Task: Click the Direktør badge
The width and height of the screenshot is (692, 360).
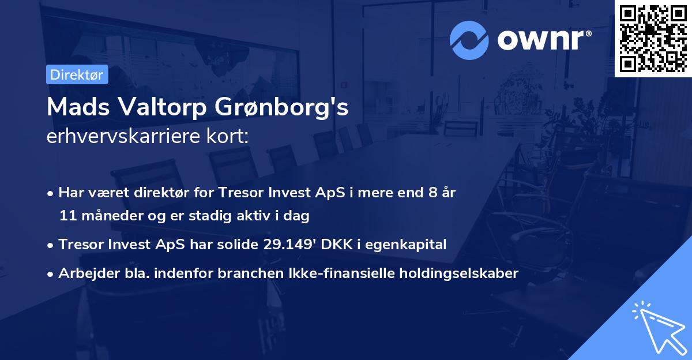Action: pyautogui.click(x=77, y=74)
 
